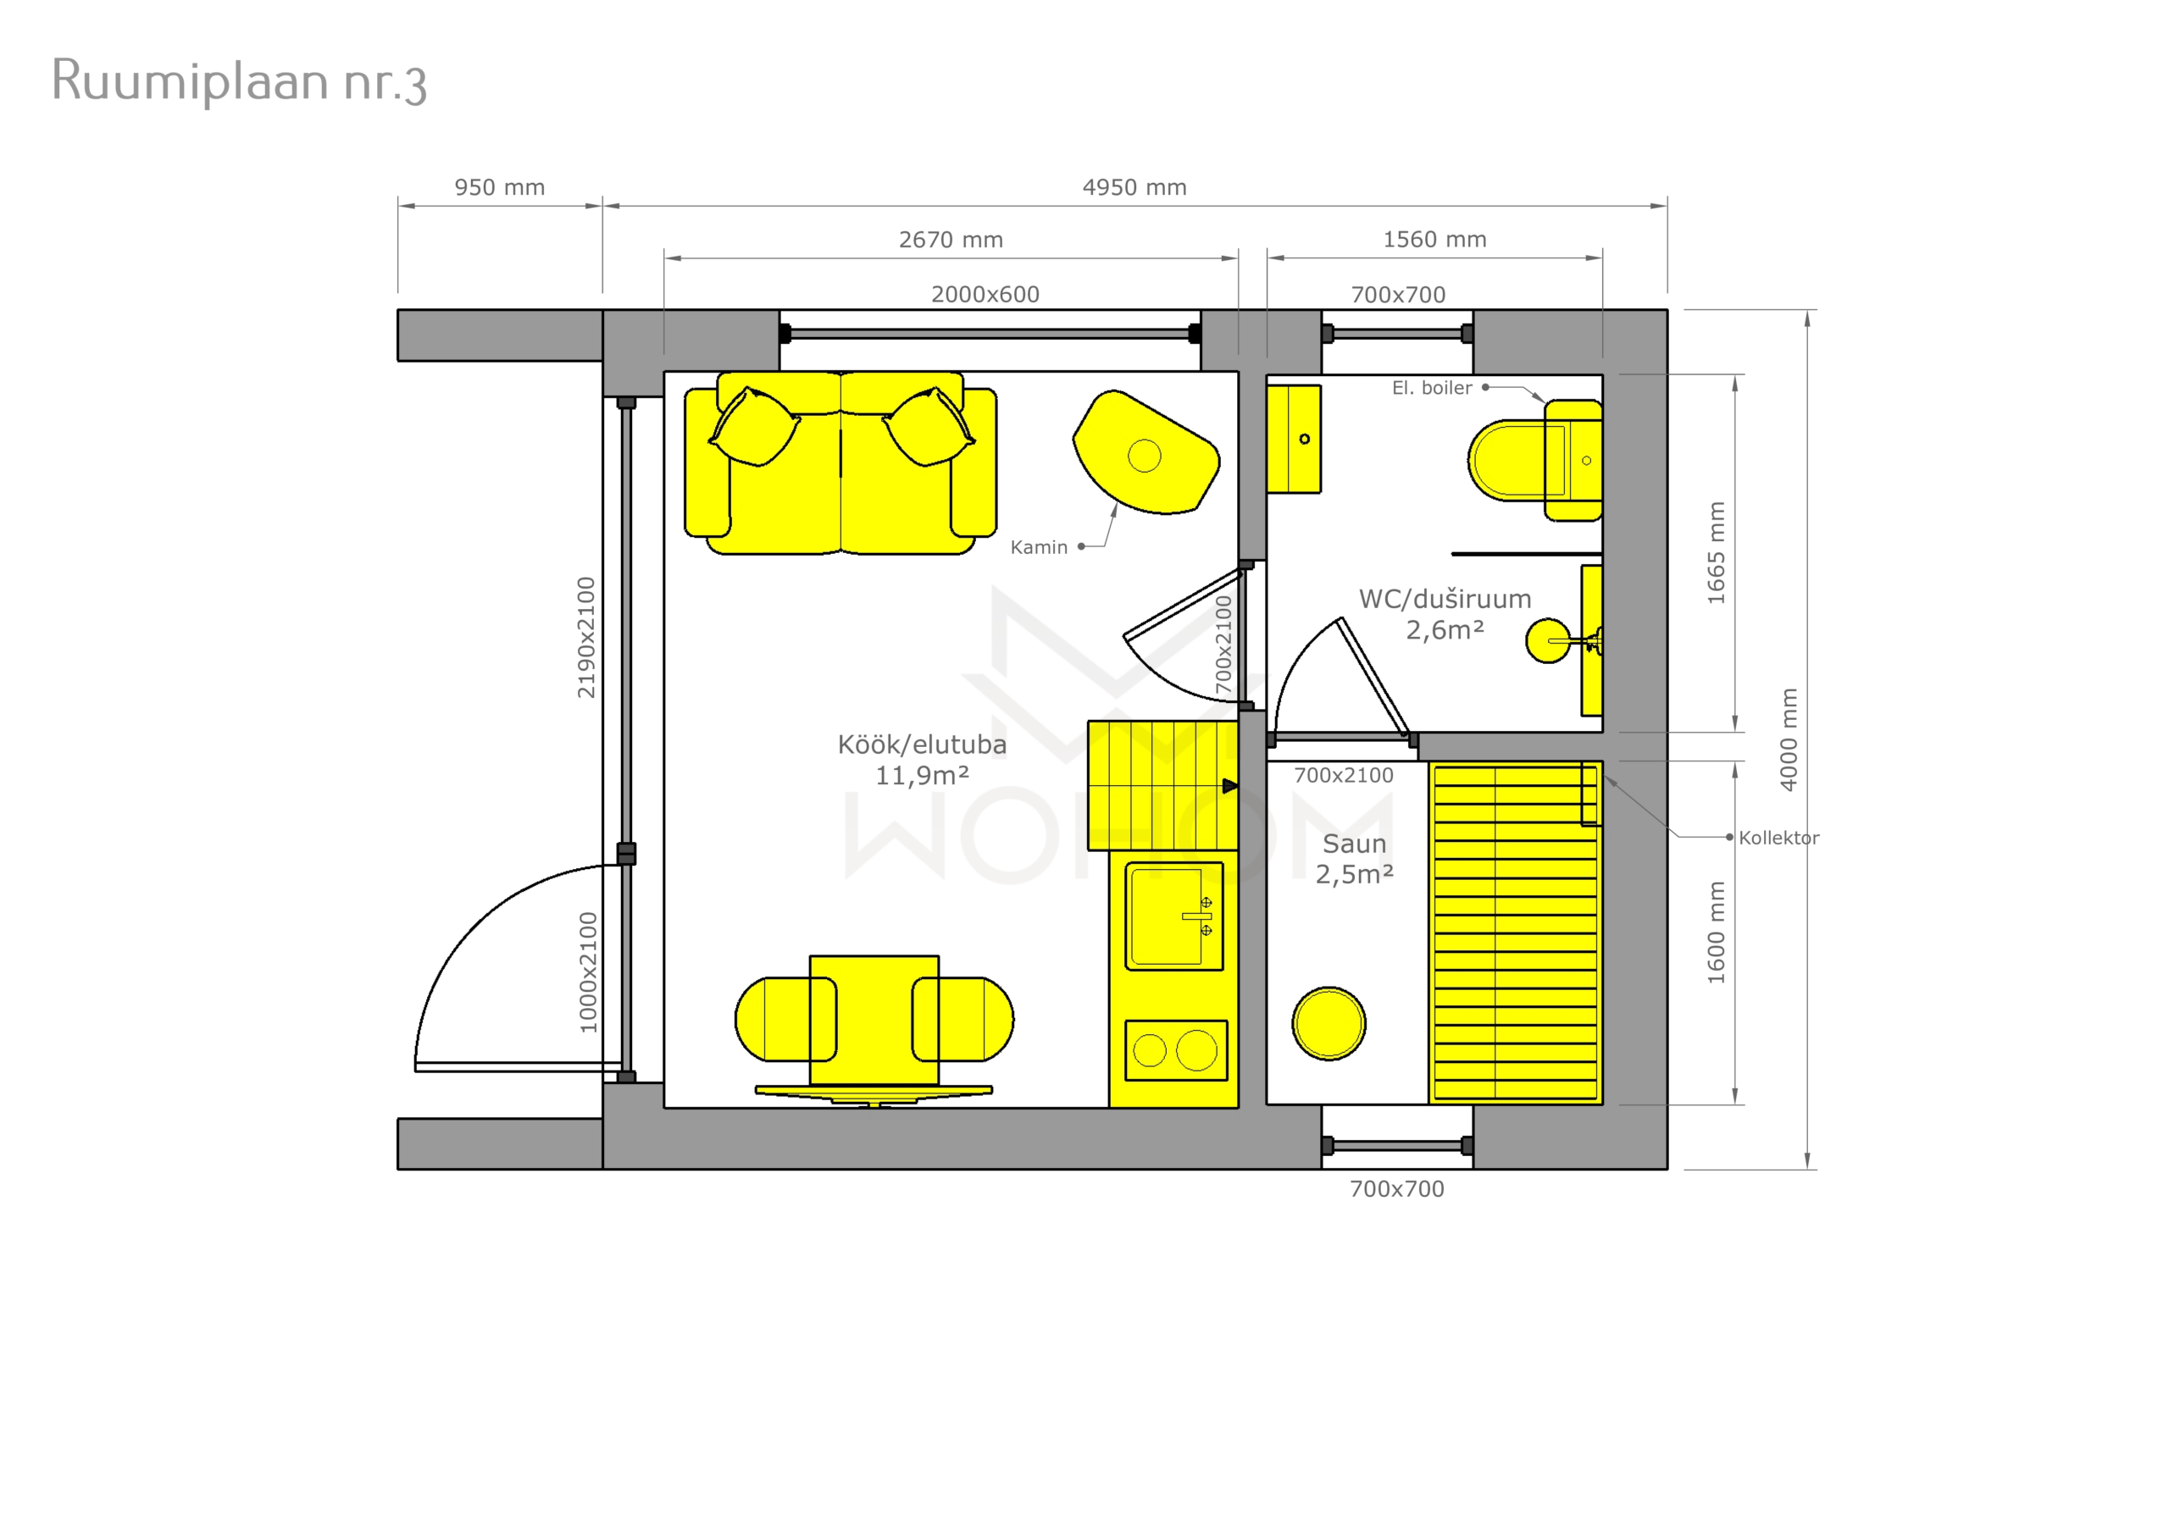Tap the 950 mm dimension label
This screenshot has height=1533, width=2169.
point(500,187)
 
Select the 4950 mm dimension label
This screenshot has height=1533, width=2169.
point(1134,187)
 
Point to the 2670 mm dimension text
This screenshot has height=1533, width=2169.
point(951,240)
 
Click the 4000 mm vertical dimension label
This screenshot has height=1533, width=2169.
point(1789,739)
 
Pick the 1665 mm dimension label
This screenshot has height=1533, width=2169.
point(1717,552)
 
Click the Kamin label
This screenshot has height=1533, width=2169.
point(1038,547)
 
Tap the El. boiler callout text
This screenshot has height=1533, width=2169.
point(1431,387)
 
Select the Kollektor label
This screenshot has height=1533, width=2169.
point(1779,838)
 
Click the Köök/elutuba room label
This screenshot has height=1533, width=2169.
point(922,744)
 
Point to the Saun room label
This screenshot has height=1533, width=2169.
point(1354,844)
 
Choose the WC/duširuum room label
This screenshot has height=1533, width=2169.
point(1445,599)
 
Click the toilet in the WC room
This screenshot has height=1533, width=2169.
point(1534,461)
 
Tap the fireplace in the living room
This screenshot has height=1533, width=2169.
point(1146,452)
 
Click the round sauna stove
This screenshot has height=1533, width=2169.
point(1329,1024)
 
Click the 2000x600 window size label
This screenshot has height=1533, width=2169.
point(985,295)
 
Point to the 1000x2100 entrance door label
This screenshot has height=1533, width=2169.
point(588,972)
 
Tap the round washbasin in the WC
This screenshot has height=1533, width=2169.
point(1547,640)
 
